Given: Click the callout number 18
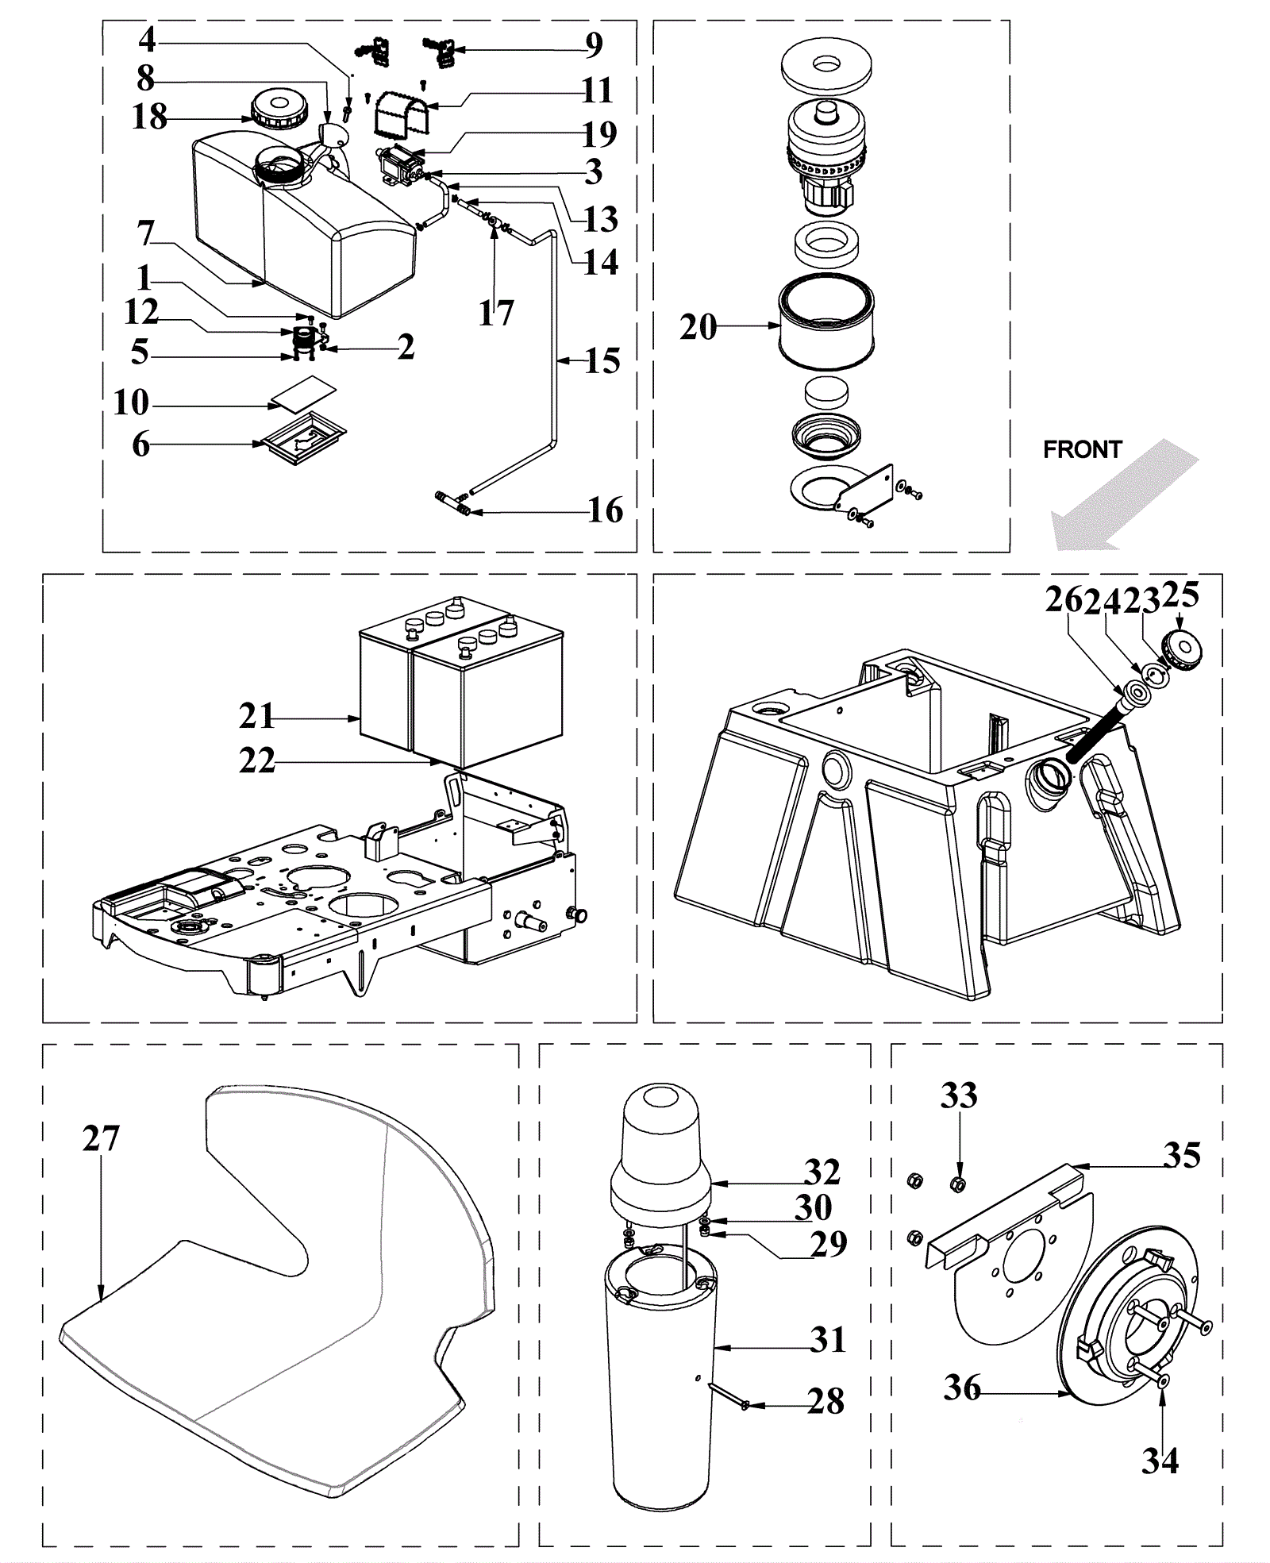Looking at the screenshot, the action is click(x=149, y=117).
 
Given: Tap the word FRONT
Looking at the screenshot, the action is click(x=1082, y=450).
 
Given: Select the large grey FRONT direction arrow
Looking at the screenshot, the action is click(x=1125, y=496).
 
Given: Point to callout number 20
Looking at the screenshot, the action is click(x=698, y=327).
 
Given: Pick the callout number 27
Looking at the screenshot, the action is click(x=101, y=1139).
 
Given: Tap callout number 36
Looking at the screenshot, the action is click(x=962, y=1388).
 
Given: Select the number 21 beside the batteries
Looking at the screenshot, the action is click(x=257, y=716).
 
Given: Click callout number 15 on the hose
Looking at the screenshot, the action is click(x=602, y=361).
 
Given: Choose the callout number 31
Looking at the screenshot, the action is click(x=829, y=1341).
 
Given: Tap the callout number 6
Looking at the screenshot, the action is click(x=140, y=445).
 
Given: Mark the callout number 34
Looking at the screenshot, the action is click(x=1160, y=1461).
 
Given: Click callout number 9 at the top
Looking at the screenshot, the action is click(x=594, y=45).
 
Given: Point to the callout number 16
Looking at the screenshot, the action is click(x=606, y=510).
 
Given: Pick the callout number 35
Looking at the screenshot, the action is click(x=1182, y=1156).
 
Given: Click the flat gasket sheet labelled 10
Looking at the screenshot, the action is click(x=303, y=393).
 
